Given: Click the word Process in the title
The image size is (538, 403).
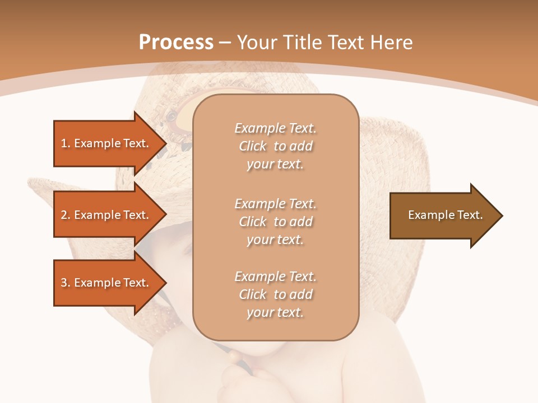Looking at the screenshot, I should [x=176, y=43].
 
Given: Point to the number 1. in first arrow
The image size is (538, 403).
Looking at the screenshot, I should [x=65, y=143].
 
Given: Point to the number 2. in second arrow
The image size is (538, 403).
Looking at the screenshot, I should [x=65, y=215].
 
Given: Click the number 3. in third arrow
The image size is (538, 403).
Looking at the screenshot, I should [x=65, y=283].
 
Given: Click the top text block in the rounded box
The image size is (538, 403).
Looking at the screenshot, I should [x=275, y=146].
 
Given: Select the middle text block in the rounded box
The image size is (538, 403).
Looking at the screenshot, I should [x=275, y=222].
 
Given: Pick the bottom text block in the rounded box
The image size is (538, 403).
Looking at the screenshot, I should [x=275, y=294].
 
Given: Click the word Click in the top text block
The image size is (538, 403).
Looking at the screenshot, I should [x=253, y=146].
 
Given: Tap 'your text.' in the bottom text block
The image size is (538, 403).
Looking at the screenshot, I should [x=275, y=312].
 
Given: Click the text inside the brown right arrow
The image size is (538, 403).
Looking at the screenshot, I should [x=445, y=215].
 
